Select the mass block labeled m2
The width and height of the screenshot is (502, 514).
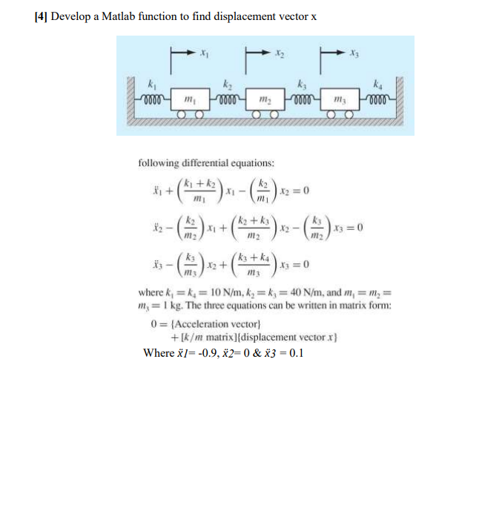pos(262,99)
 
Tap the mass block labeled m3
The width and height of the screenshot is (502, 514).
pos(337,99)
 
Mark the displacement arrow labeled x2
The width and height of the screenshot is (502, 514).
pos(257,53)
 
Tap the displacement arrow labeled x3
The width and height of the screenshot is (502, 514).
pos(331,53)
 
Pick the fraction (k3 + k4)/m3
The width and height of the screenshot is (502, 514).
pos(252,264)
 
